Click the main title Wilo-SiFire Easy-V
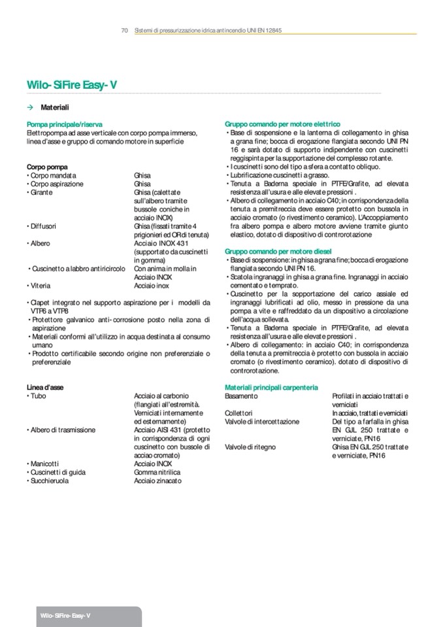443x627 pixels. point(72,85)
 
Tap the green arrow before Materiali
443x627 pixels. point(30,107)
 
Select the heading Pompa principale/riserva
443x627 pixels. point(64,124)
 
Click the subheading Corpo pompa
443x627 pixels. point(47,167)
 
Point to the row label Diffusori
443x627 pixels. point(43,226)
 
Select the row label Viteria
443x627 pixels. point(40,286)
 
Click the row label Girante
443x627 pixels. point(41,193)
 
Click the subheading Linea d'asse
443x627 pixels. point(45,387)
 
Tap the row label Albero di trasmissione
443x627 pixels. point(63,430)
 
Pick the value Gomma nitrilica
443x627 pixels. point(157,471)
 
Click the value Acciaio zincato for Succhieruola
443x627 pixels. point(157,481)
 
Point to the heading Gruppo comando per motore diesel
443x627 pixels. point(278,251)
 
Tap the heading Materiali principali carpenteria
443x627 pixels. point(271,388)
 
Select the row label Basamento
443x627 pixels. point(241,396)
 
